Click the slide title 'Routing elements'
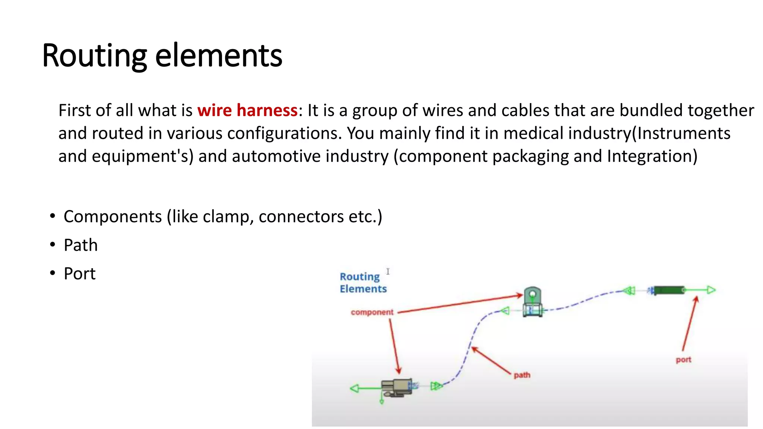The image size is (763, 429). click(162, 56)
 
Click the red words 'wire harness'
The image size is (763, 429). click(247, 111)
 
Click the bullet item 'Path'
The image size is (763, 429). click(80, 245)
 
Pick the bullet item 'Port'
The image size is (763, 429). click(79, 274)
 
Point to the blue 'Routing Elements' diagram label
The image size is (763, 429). click(363, 283)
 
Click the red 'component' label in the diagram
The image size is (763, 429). click(372, 312)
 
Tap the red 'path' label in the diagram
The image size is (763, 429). click(522, 375)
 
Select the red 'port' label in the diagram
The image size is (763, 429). click(683, 360)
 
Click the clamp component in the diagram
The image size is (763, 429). click(532, 302)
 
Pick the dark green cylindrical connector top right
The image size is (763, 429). click(669, 290)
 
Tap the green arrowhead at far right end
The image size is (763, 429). click(711, 290)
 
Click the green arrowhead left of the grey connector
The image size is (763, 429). click(354, 388)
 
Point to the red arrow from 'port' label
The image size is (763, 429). click(690, 323)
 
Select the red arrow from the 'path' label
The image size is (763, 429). click(491, 360)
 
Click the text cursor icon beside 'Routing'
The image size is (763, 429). click(388, 271)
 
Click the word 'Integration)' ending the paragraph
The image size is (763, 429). click(652, 156)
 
